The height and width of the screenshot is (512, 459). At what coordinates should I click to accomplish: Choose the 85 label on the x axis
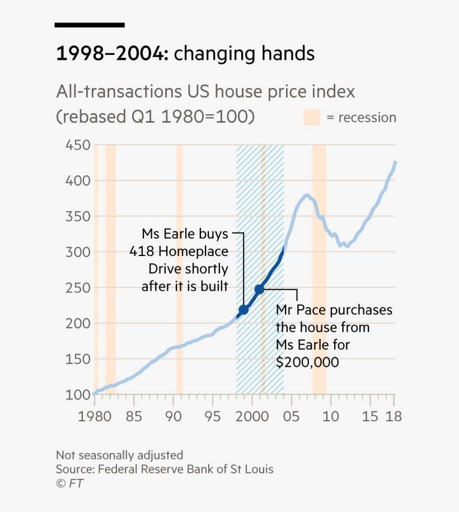(134, 417)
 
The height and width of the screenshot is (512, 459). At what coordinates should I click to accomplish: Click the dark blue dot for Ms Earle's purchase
(243, 310)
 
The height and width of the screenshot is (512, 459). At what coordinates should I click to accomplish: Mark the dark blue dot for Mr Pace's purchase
(259, 290)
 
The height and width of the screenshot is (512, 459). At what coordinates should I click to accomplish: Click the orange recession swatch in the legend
(312, 118)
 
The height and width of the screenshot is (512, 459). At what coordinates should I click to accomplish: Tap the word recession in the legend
(367, 118)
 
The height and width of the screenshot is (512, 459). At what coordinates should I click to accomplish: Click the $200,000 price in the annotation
(307, 362)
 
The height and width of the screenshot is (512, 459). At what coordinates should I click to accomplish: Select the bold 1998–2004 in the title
(111, 54)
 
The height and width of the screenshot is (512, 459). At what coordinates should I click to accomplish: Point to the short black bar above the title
(90, 25)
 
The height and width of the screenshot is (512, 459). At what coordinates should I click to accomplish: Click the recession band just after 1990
(180, 269)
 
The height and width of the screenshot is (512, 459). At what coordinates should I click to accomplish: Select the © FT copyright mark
(69, 483)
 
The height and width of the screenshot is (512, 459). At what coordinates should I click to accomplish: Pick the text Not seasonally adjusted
(119, 455)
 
